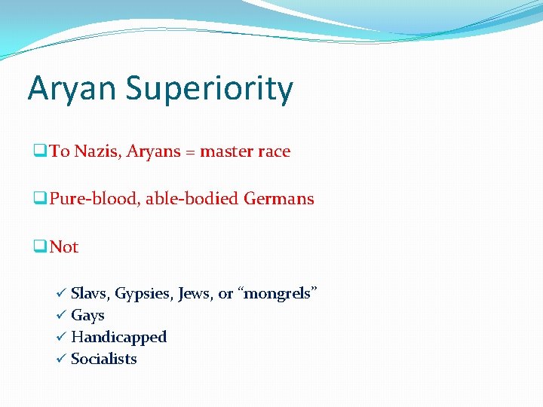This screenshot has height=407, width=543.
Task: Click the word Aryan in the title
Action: click(x=72, y=89)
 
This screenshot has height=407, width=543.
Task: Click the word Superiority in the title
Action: click(x=209, y=89)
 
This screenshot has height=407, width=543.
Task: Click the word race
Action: click(x=274, y=151)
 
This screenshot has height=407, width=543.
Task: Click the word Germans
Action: click(x=279, y=199)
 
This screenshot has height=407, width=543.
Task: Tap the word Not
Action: click(x=64, y=247)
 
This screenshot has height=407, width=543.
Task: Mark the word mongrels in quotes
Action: click(x=278, y=294)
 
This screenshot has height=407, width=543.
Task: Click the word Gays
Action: click(x=87, y=316)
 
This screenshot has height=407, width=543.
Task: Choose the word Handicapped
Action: click(x=118, y=337)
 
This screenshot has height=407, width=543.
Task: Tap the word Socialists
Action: click(x=104, y=359)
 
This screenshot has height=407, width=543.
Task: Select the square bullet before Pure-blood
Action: click(x=39, y=199)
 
